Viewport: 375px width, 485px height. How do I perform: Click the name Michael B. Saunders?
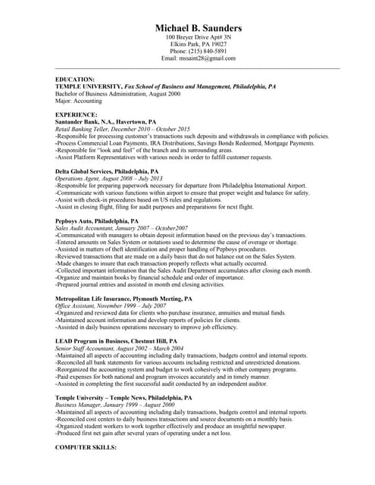pos(198,27)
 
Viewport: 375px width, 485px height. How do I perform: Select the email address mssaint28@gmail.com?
pos(209,58)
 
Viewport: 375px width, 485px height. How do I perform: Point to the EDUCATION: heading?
pos(76,80)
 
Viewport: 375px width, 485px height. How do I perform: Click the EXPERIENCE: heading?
pos(77,114)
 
